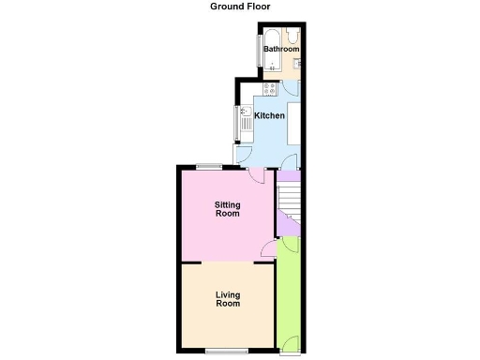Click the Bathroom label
280,49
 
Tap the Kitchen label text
270,115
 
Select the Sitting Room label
228,209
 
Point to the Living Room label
228,298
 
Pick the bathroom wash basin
295,63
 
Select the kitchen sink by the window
245,119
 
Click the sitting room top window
209,166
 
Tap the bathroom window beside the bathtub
259,51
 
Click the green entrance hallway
289,291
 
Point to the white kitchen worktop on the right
294,122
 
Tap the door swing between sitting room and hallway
268,247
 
